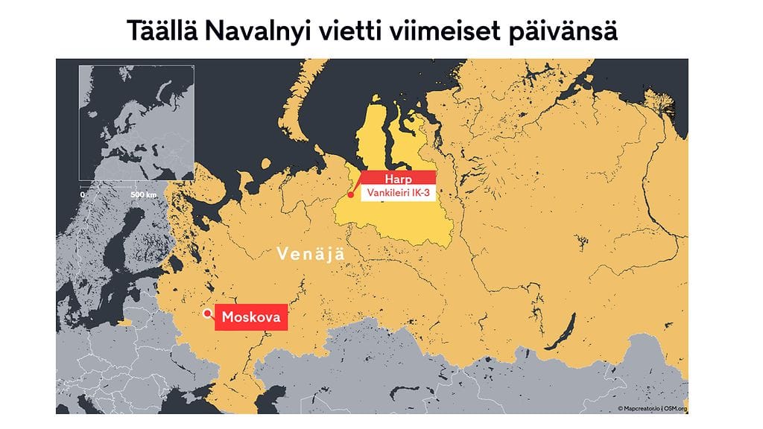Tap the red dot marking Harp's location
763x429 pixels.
tap(350, 196)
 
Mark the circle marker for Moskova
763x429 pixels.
tap(206, 314)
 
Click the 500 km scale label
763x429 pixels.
tap(145, 194)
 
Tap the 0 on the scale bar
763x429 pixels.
tap(83, 194)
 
